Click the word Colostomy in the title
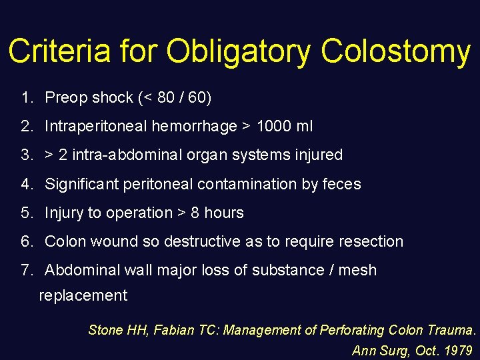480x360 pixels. [x=396, y=51]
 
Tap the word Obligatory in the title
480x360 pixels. [x=238, y=51]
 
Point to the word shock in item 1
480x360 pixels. [x=112, y=98]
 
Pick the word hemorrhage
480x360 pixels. [x=193, y=127]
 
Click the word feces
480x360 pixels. [x=341, y=184]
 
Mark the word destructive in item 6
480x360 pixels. [x=202, y=241]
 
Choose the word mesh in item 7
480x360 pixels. [x=358, y=270]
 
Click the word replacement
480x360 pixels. [x=83, y=295]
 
